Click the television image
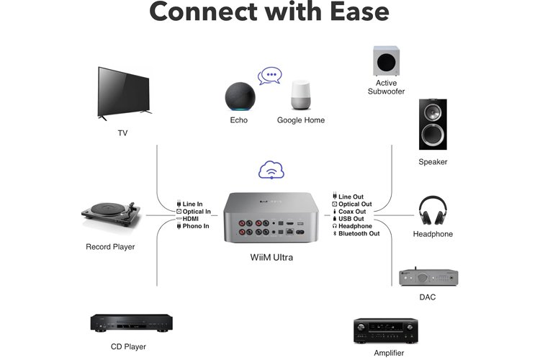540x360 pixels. pos(125,94)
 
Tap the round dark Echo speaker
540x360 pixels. pos(238,96)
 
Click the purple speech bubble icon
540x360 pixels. pos(270,74)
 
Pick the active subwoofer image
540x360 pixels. pos(387,61)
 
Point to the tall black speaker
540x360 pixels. pos(433,124)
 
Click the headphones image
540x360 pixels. pos(433,210)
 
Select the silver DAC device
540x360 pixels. pos(428,277)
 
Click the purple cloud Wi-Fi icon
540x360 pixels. pos(271,171)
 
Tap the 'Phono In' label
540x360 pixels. pos(195,226)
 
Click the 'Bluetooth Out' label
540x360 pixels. pos(359,233)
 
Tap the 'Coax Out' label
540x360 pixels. pos(352,212)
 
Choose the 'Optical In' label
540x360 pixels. pos(197,212)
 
